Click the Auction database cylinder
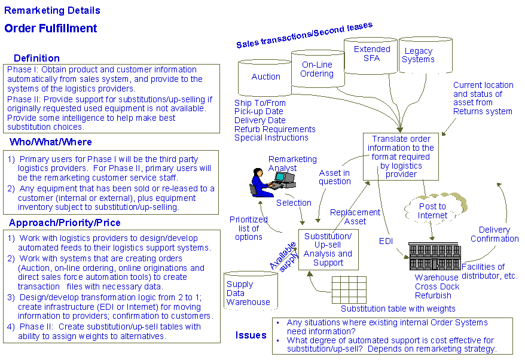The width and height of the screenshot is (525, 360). [x=264, y=78]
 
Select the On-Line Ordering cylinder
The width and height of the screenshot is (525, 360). [x=318, y=69]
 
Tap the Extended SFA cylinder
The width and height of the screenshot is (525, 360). [x=371, y=56]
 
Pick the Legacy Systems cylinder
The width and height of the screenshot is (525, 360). [x=426, y=55]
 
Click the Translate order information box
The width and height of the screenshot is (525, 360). [x=401, y=157]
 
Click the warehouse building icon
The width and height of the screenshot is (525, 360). [x=435, y=256]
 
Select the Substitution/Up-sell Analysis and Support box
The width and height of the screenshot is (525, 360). [x=328, y=249]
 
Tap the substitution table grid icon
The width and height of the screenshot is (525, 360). [x=349, y=289]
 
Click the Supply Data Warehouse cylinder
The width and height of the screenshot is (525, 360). [x=251, y=291]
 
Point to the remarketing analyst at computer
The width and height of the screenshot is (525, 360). [x=272, y=182]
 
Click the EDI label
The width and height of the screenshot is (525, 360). [x=386, y=241]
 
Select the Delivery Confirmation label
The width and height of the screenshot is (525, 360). [x=495, y=234]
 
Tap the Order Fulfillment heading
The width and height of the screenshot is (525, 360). [x=51, y=28]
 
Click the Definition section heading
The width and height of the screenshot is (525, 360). [x=36, y=58]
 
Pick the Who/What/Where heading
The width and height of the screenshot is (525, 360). [x=51, y=142]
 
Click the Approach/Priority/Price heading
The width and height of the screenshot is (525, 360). [x=65, y=222]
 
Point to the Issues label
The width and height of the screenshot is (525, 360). [x=251, y=335]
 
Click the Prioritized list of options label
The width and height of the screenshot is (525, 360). [x=248, y=228]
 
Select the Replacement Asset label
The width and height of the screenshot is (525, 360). [x=355, y=216]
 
